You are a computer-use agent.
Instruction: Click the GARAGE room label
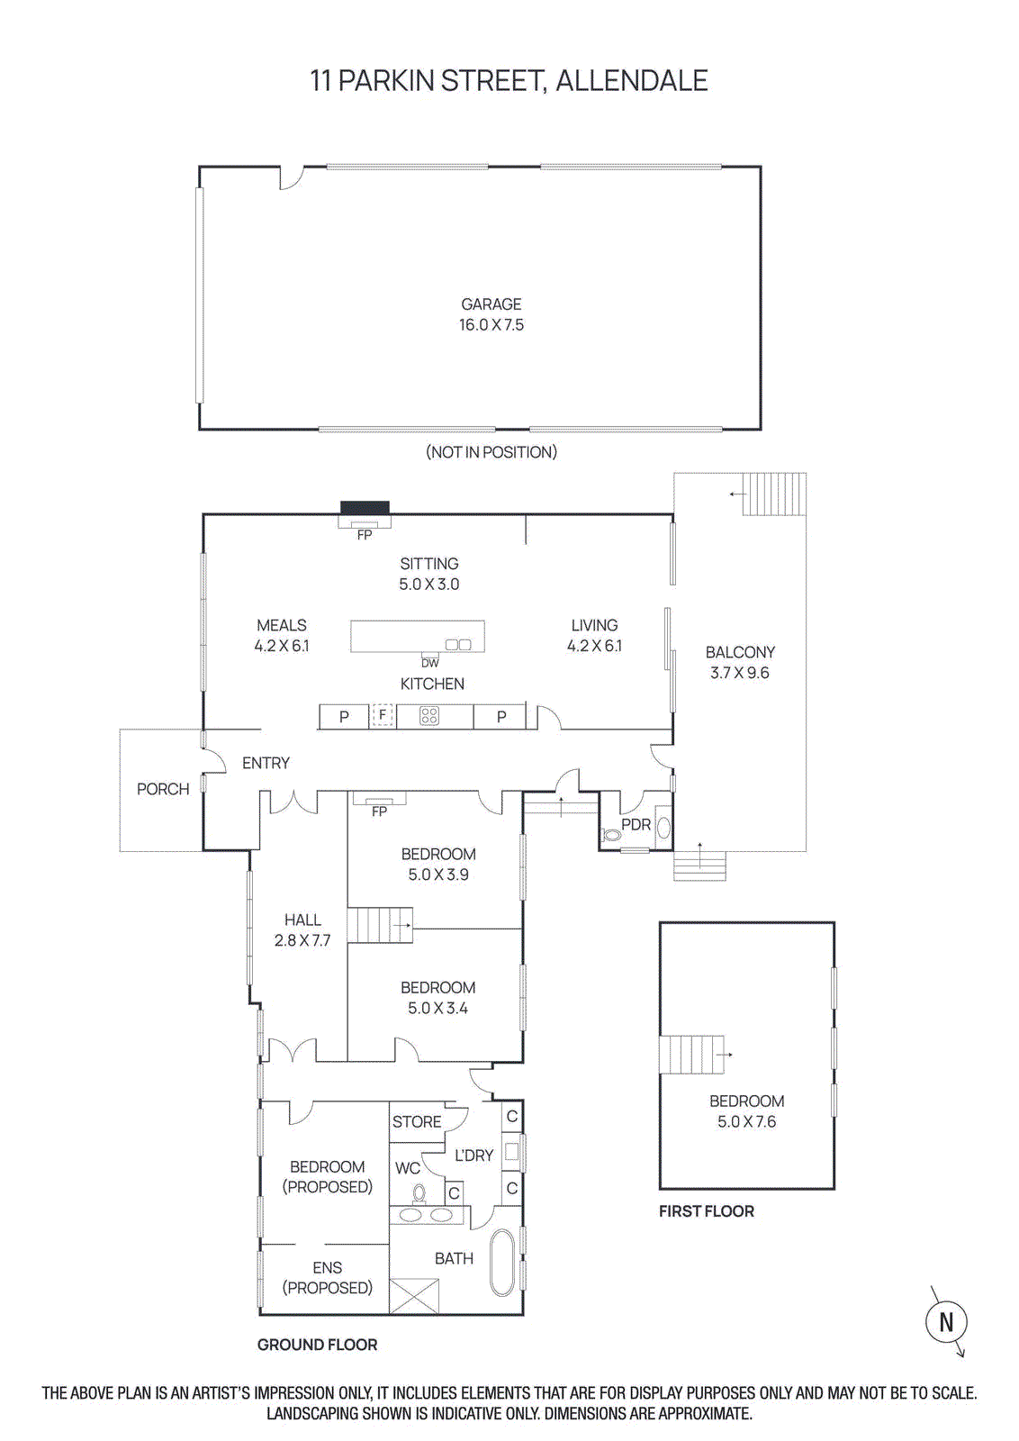[491, 305]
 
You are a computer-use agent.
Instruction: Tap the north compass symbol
[946, 1322]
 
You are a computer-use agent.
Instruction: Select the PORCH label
[163, 789]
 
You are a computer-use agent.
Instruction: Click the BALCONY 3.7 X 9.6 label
[740, 662]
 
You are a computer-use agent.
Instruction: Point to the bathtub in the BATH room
[503, 1263]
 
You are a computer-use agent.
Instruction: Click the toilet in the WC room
[419, 1194]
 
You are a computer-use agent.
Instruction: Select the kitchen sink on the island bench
[458, 644]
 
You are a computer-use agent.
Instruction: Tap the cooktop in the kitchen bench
[429, 716]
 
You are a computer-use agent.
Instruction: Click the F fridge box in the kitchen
[383, 715]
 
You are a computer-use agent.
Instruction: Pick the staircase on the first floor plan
[691, 1054]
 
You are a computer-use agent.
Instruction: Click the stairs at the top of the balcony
[773, 494]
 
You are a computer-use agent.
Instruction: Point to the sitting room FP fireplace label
[365, 535]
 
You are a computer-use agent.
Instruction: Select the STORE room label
[417, 1122]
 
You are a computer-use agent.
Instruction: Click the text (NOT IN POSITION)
[491, 452]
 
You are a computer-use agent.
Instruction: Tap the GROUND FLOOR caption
[317, 1345]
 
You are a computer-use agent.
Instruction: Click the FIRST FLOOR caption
[707, 1211]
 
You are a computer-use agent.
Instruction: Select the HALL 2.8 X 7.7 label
[302, 930]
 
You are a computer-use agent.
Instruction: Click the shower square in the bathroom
[414, 1296]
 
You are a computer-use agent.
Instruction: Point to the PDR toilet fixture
[612, 835]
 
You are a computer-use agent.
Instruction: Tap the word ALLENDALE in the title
[631, 81]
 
